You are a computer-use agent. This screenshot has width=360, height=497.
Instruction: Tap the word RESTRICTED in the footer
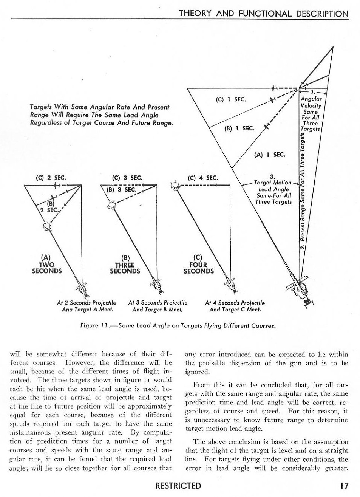click(x=178, y=485)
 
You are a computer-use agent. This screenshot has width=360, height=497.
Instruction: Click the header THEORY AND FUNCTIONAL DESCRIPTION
click(x=263, y=14)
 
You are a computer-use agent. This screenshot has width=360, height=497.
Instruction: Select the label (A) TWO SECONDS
click(x=47, y=265)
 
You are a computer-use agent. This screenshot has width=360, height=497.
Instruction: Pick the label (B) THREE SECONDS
click(x=125, y=265)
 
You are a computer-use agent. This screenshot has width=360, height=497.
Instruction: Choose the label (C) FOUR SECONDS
click(x=199, y=265)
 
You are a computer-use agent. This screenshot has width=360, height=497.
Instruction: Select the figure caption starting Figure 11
click(x=178, y=325)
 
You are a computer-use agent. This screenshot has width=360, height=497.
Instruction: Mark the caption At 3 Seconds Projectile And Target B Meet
click(x=158, y=306)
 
